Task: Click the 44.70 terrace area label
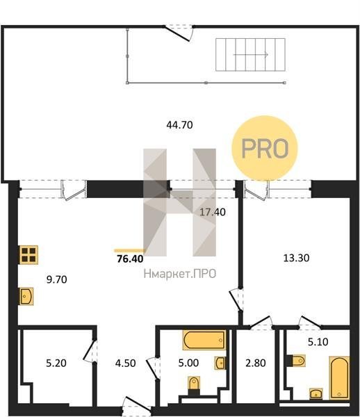click(x=180, y=124)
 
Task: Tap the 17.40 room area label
click(x=213, y=212)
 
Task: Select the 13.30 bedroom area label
click(x=296, y=258)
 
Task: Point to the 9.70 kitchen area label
click(x=56, y=279)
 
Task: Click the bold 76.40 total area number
click(x=130, y=259)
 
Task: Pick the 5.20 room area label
click(x=56, y=363)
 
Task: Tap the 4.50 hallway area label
click(x=126, y=363)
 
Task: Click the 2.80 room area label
click(x=256, y=363)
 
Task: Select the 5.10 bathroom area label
click(x=318, y=342)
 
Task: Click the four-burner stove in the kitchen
click(x=28, y=255)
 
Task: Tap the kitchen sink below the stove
click(x=26, y=296)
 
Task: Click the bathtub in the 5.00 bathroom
click(x=204, y=340)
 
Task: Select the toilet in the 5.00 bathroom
click(x=194, y=386)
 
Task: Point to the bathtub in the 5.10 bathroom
click(x=339, y=377)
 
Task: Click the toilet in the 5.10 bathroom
click(x=296, y=361)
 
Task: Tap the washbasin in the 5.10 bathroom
click(x=316, y=393)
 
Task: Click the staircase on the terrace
click(x=250, y=54)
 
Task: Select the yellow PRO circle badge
click(x=265, y=149)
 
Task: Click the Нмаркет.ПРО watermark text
click(x=180, y=274)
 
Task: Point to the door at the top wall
click(x=179, y=33)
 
